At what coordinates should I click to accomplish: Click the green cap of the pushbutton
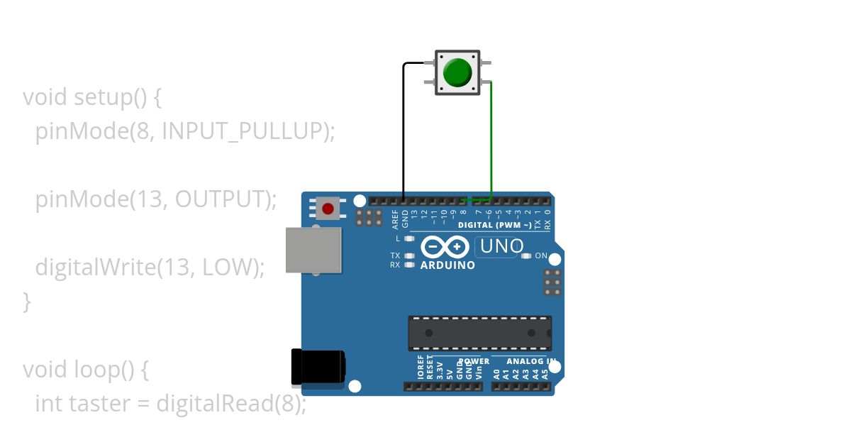click(457, 72)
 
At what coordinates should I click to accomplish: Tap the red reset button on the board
click(328, 209)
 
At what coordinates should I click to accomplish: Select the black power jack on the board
click(318, 367)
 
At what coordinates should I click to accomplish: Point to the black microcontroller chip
click(479, 333)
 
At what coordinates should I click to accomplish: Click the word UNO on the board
click(502, 247)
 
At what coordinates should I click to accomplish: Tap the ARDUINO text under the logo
click(447, 265)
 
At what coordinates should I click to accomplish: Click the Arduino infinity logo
click(445, 247)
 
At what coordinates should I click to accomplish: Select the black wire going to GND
click(404, 128)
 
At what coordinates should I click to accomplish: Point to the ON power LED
click(525, 255)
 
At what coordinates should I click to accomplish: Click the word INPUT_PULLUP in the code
click(245, 131)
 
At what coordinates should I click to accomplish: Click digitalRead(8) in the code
click(231, 404)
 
